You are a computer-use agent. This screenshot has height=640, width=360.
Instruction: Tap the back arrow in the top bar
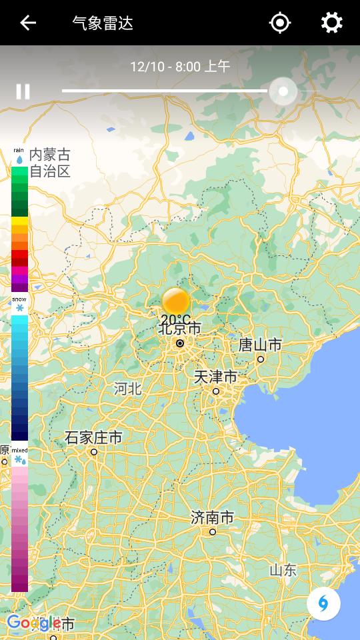27,23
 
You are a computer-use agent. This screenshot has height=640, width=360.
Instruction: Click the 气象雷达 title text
103,23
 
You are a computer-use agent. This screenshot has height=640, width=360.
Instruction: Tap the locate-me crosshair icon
280,23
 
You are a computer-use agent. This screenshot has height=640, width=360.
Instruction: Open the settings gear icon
331,23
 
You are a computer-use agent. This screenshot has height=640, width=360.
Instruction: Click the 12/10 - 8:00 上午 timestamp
180,66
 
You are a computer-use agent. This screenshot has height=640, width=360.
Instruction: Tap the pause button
23,91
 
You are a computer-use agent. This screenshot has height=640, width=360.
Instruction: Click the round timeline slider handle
283,91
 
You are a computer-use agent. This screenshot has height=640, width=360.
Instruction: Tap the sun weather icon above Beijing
176,301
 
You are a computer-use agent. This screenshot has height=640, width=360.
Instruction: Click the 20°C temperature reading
175,320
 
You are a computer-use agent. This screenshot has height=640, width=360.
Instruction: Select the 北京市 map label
180,329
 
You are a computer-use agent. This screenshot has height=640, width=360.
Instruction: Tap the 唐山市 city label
260,345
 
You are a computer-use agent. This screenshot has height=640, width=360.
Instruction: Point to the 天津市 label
215,377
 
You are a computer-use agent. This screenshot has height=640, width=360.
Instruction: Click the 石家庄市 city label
93,438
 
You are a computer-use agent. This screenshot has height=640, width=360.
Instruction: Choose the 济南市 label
212,518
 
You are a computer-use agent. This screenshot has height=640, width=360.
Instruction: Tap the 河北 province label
127,389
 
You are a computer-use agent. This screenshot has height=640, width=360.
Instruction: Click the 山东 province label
283,570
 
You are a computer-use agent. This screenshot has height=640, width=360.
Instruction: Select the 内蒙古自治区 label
49,163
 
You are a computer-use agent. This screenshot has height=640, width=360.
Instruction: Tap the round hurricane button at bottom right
323,604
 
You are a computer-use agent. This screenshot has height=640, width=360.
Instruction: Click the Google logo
33,623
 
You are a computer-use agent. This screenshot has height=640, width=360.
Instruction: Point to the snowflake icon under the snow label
19,308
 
